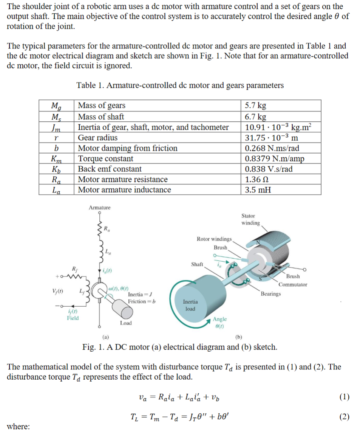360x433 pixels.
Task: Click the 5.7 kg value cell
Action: (255, 106)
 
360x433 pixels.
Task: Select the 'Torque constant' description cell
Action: (105, 158)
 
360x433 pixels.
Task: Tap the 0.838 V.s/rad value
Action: (269, 169)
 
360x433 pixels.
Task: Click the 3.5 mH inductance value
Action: (258, 190)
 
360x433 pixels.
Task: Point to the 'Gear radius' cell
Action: (97, 138)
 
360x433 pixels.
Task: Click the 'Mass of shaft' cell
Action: (101, 116)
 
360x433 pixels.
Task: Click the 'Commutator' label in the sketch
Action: (293, 284)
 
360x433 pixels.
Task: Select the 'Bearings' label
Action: (271, 294)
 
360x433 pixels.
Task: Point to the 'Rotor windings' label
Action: (214, 239)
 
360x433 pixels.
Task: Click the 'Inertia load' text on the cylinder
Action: (190, 305)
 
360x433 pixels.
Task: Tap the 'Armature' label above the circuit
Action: (100, 207)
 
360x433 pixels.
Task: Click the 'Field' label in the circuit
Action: (73, 318)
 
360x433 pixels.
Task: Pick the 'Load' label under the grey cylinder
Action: (126, 323)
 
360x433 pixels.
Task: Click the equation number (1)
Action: (344, 397)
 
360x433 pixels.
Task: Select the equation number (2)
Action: (344, 417)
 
